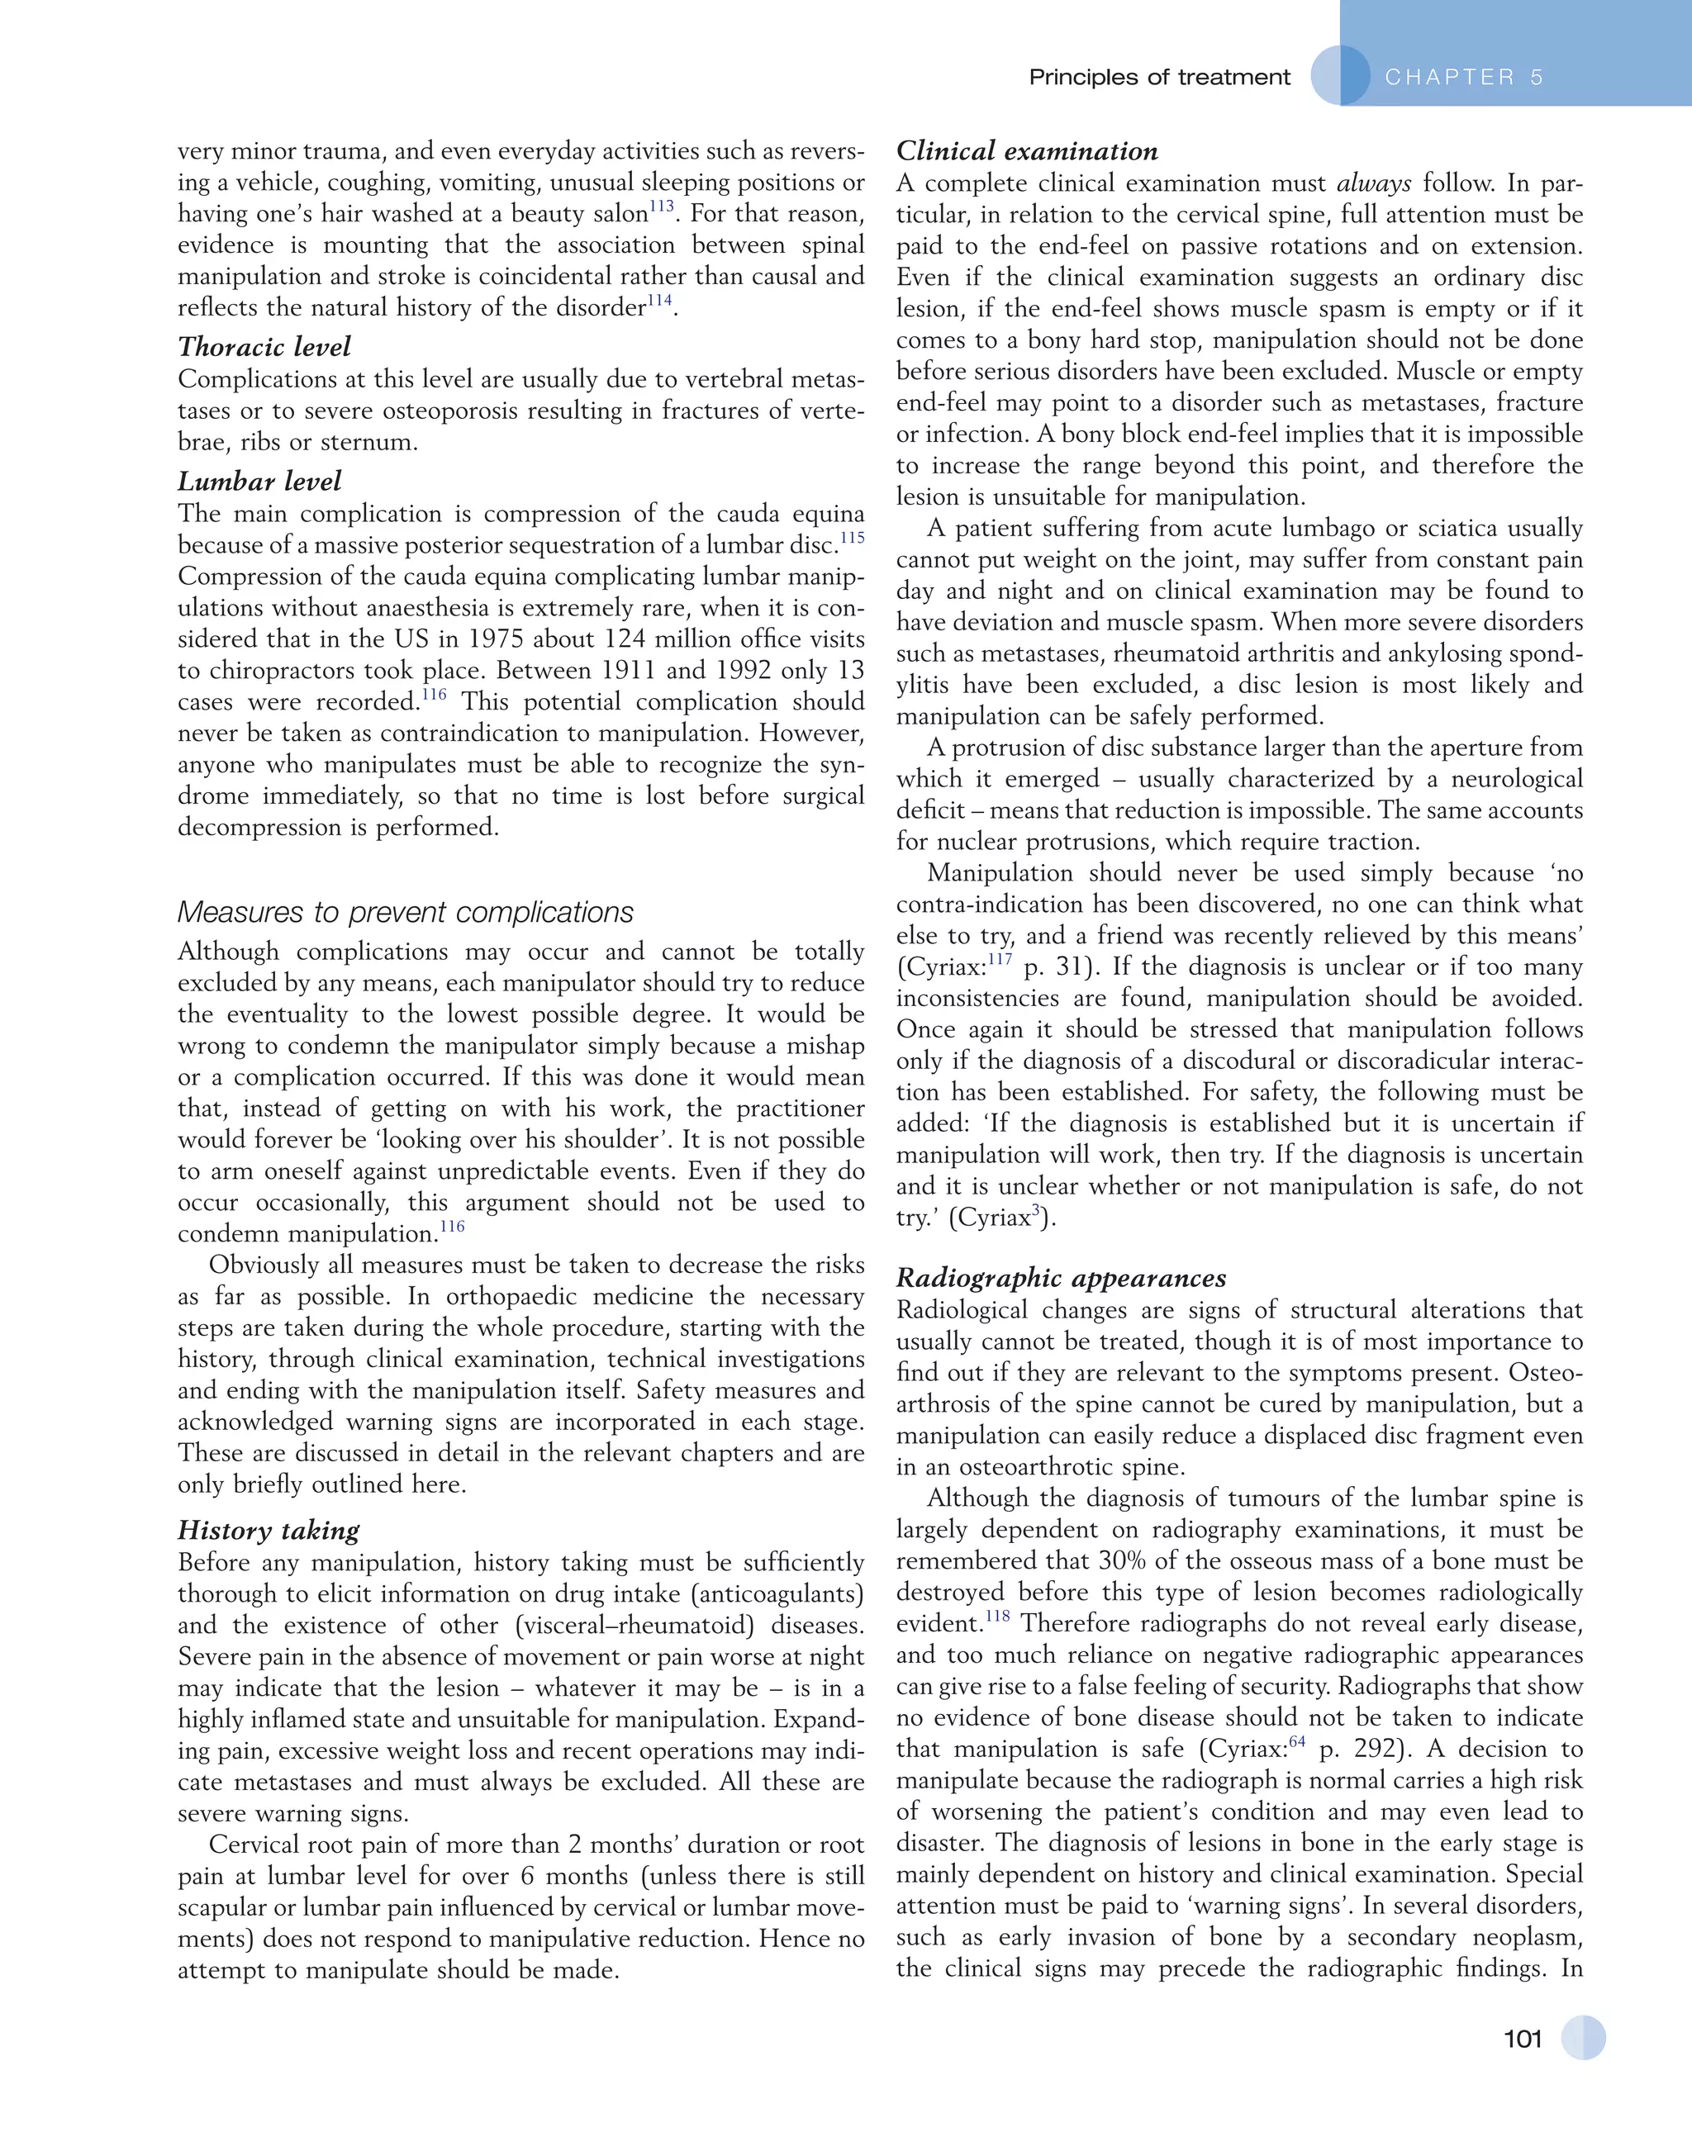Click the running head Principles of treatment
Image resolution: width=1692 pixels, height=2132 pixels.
click(x=1159, y=77)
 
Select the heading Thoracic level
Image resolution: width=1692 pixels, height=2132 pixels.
click(x=264, y=346)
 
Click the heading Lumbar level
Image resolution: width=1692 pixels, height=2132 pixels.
click(x=259, y=481)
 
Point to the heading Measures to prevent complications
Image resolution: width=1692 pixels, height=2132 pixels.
click(x=406, y=912)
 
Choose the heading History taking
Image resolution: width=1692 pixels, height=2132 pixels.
click(x=268, y=1530)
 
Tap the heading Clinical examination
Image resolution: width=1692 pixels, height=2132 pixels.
click(x=1026, y=150)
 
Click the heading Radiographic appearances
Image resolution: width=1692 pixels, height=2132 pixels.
click(x=1060, y=1278)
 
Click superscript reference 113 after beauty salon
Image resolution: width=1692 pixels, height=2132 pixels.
click(x=661, y=207)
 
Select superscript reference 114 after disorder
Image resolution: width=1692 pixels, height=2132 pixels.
click(x=659, y=301)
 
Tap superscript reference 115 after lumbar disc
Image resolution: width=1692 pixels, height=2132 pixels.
click(x=852, y=538)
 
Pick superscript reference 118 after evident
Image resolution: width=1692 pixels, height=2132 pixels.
click(x=997, y=1616)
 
